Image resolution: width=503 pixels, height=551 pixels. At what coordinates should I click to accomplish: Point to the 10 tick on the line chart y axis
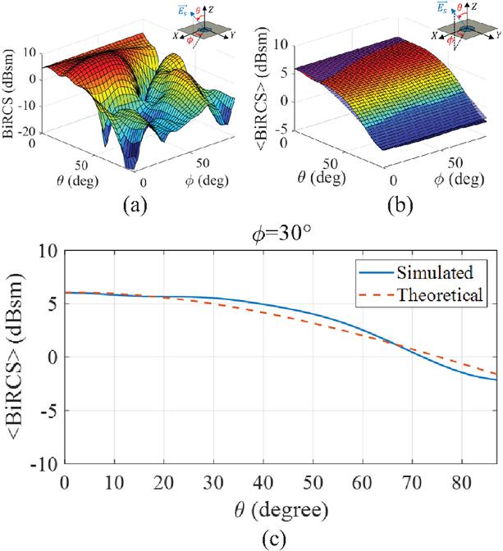48,250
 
